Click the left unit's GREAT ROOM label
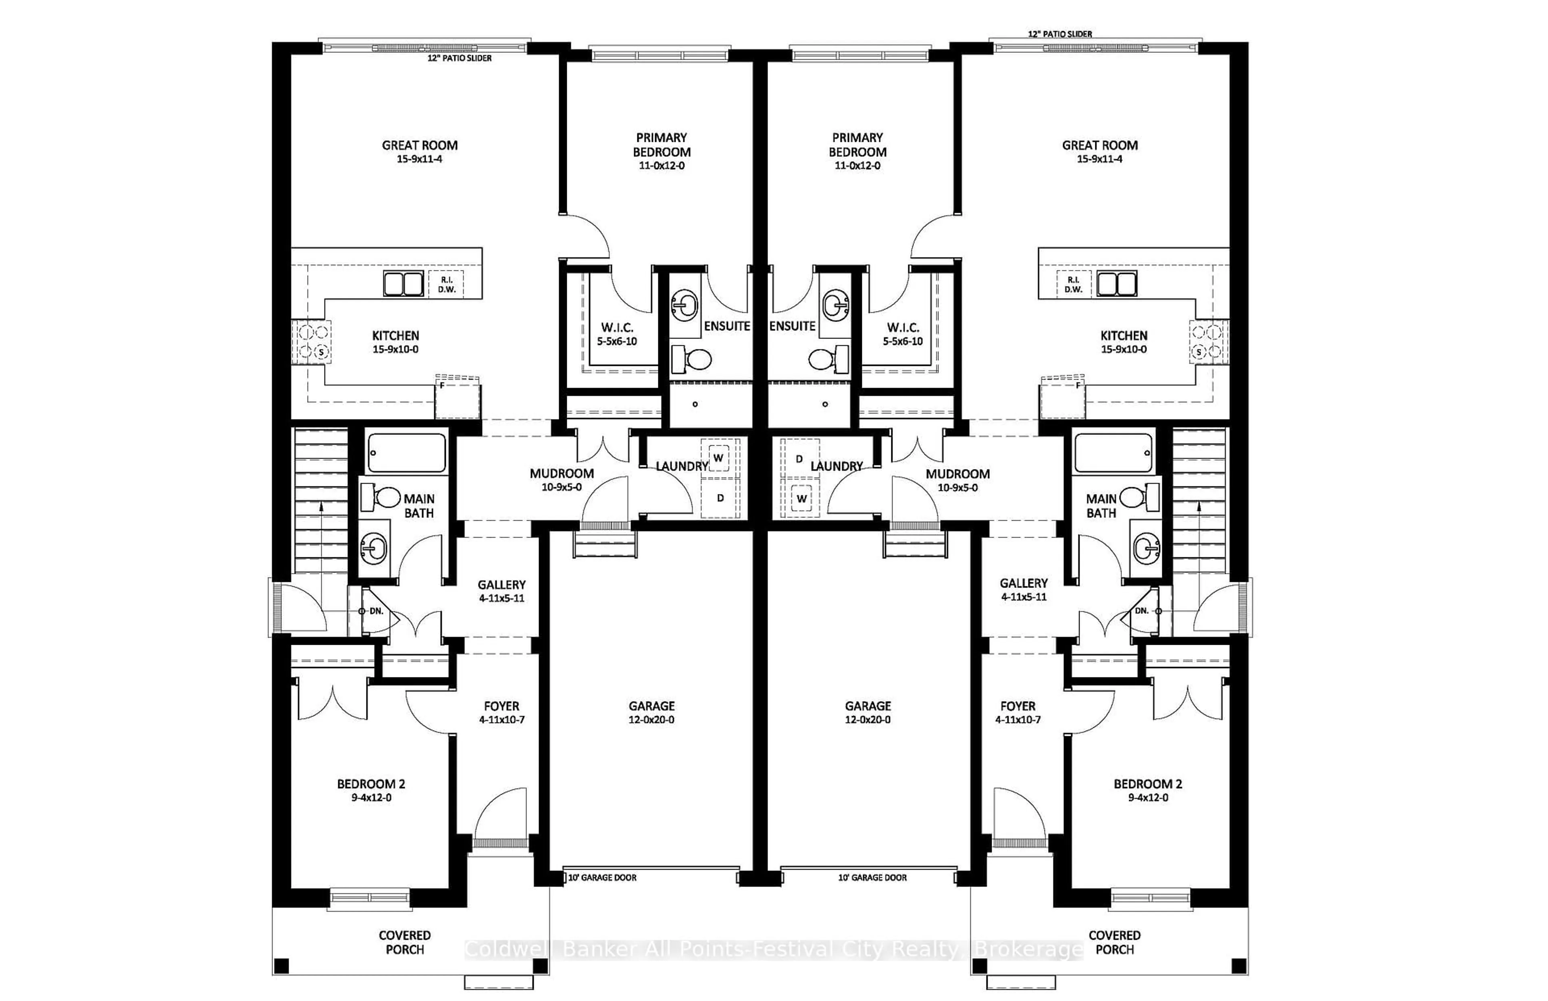click(x=419, y=145)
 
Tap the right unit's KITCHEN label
click(x=1124, y=335)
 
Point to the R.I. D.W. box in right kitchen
click(x=1074, y=285)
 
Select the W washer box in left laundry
click(x=718, y=458)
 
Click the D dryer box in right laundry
click(x=799, y=459)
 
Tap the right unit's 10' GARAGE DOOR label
click(x=872, y=878)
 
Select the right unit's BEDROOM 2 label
click(x=1148, y=784)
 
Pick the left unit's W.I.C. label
click(x=617, y=328)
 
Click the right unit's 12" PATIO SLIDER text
click(x=1060, y=34)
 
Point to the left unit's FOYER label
click(x=501, y=706)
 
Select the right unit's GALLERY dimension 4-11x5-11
click(x=1023, y=597)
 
